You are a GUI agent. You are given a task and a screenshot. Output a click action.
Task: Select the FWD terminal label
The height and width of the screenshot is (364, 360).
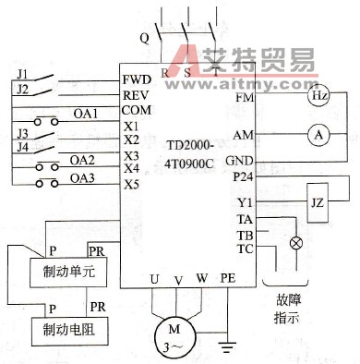click(x=136, y=79)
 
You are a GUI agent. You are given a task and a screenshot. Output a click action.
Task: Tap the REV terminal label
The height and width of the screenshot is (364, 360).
click(x=135, y=94)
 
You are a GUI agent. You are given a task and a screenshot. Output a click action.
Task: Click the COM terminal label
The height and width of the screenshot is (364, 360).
click(x=136, y=109)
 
